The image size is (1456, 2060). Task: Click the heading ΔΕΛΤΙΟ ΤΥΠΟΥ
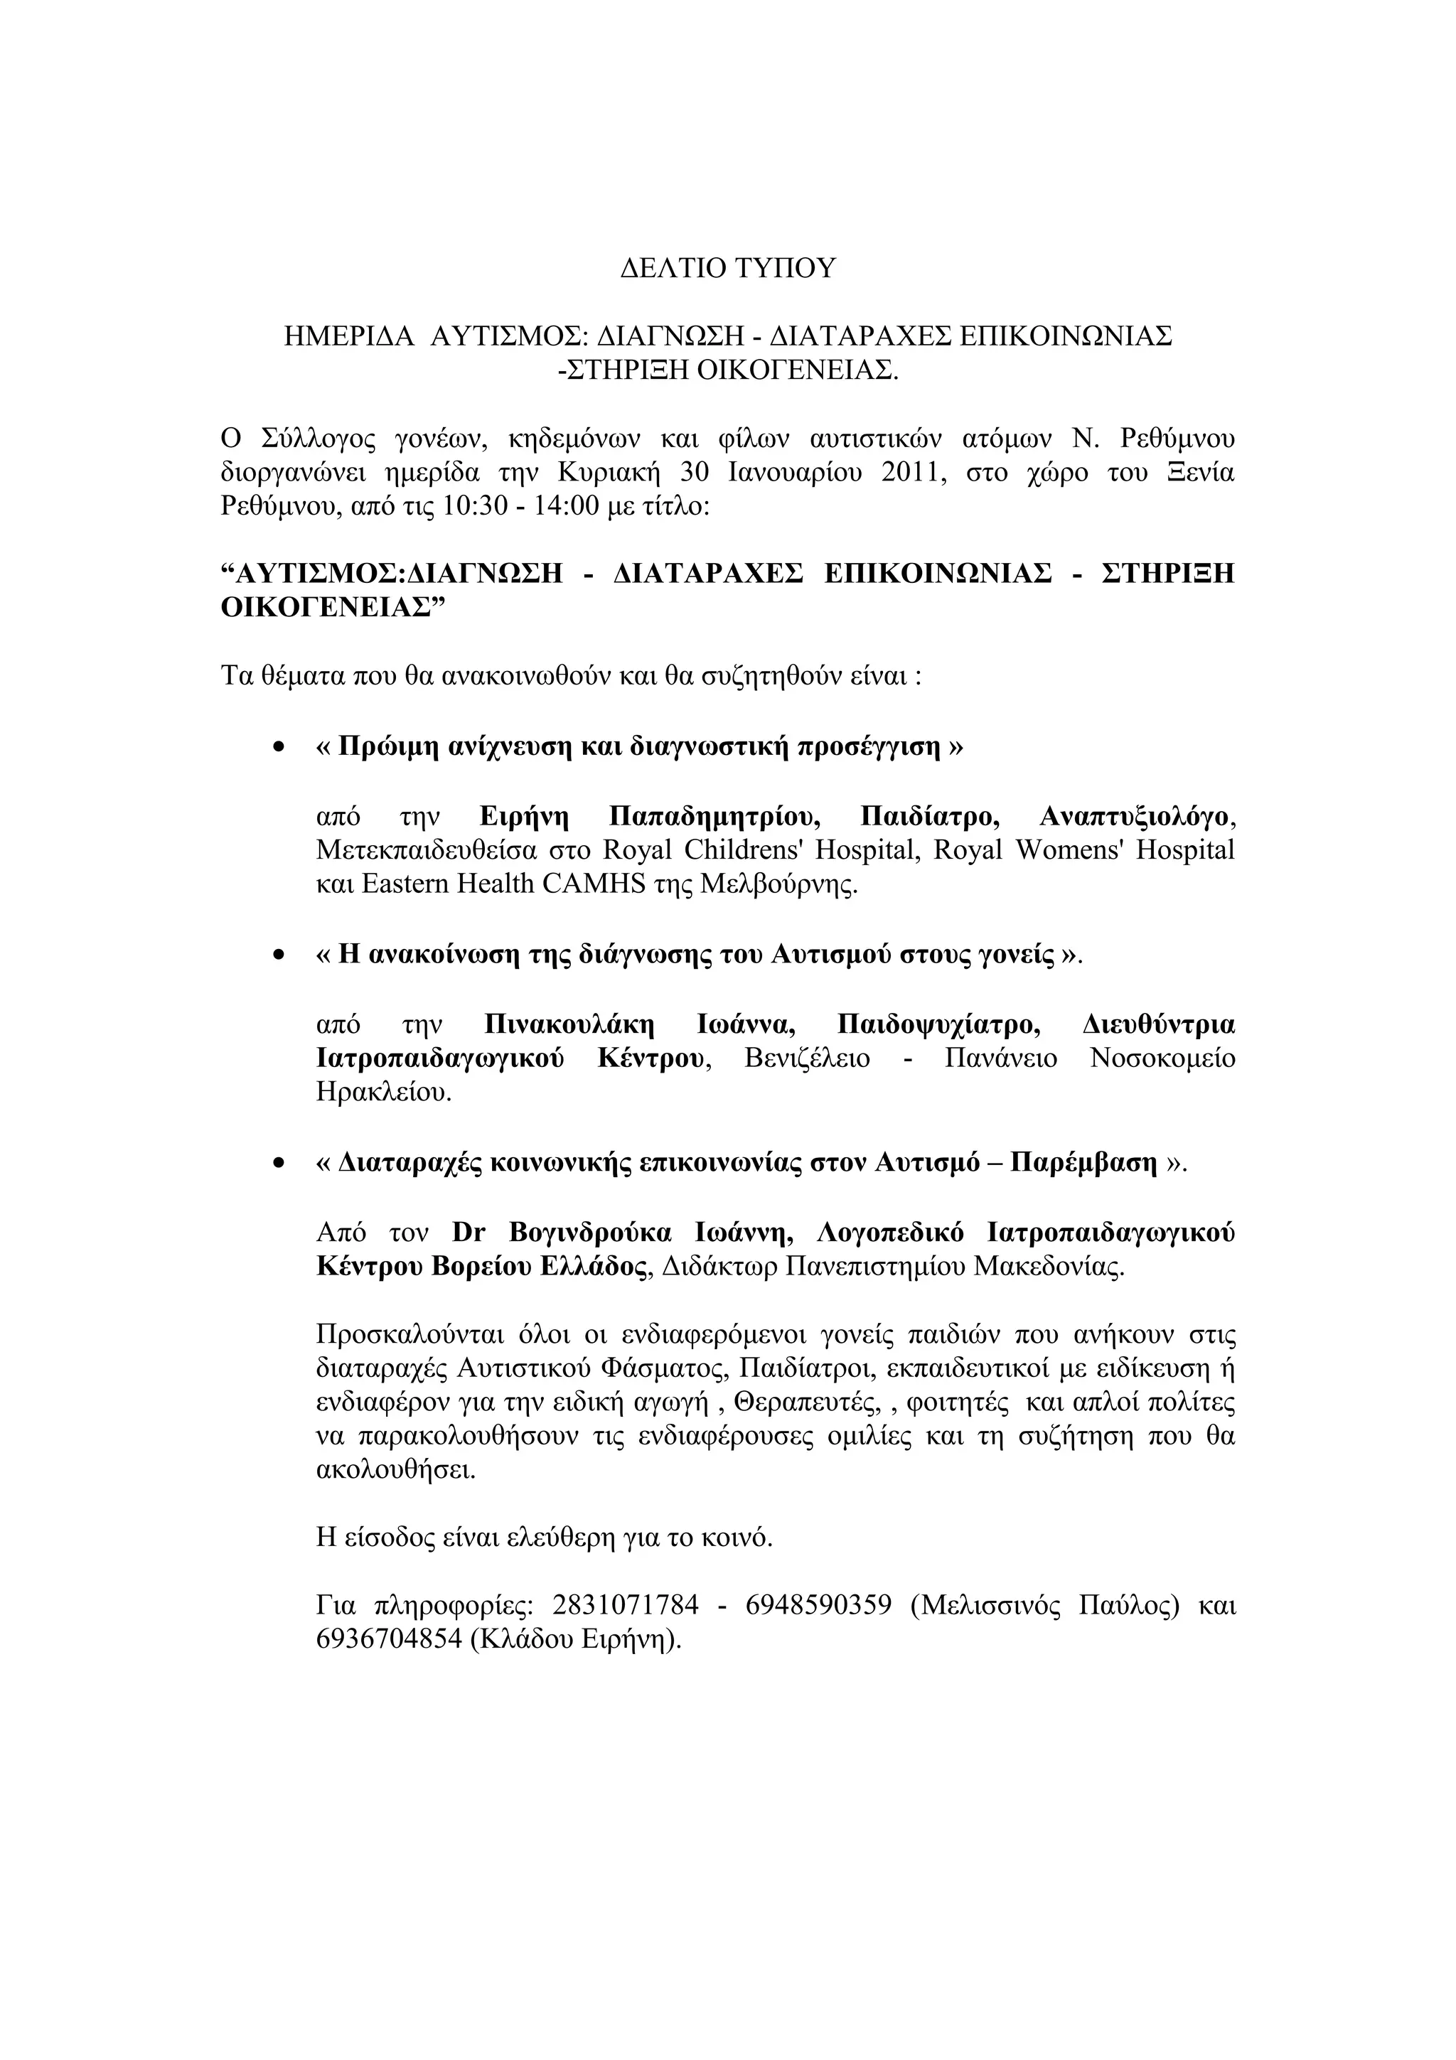(727, 268)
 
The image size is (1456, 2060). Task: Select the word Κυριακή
(607, 472)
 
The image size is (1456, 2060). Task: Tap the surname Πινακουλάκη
(569, 1024)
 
